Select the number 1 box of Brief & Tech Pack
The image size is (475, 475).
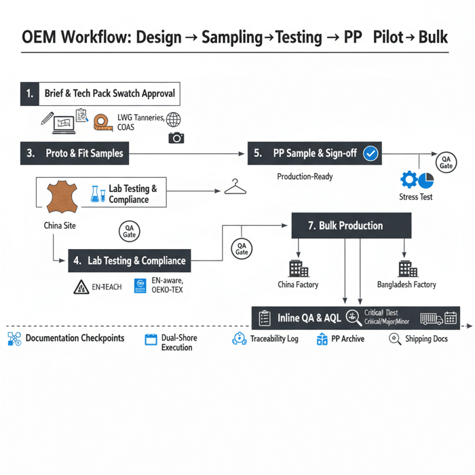[x=29, y=93]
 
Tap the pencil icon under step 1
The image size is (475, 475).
[x=47, y=119]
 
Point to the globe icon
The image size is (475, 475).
[x=174, y=119]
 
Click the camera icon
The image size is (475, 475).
[x=176, y=138]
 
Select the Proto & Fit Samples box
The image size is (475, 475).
[x=75, y=153]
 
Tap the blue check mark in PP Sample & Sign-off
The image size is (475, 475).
[x=370, y=153]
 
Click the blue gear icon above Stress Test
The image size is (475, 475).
[x=408, y=180]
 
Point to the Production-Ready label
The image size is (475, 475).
[x=305, y=176]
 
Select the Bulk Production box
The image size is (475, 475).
[x=351, y=225]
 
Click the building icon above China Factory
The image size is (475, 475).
[x=297, y=268]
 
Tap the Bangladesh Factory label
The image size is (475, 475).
[x=406, y=285]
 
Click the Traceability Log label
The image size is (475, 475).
[x=273, y=339]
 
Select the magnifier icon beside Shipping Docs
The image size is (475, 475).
[x=395, y=339]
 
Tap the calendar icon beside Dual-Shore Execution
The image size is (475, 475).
[x=151, y=339]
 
